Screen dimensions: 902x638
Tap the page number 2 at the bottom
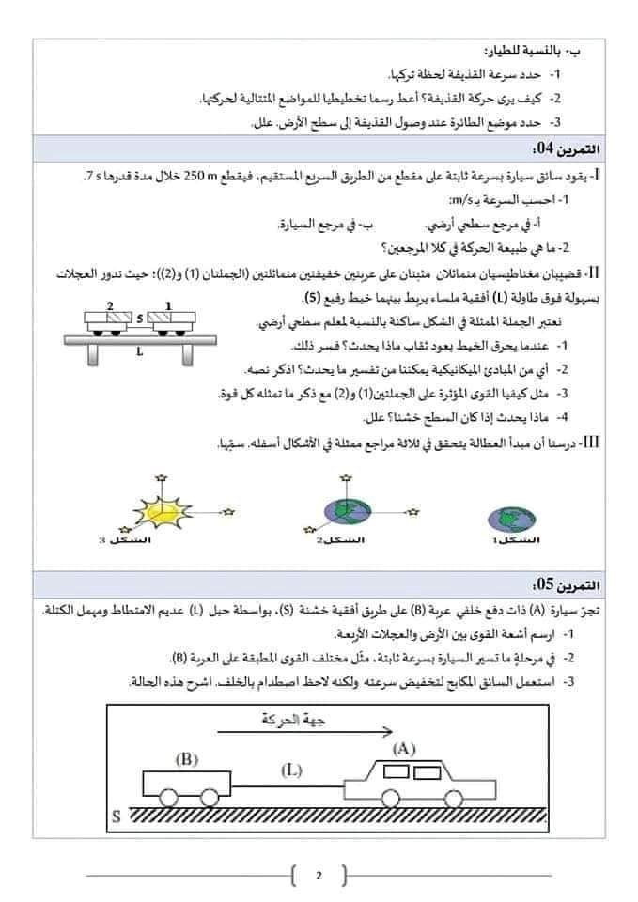tap(319, 877)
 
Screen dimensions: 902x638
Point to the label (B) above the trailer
tap(184, 759)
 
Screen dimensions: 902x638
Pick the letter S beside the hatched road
tap(116, 816)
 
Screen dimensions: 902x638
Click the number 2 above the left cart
tap(110, 306)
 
